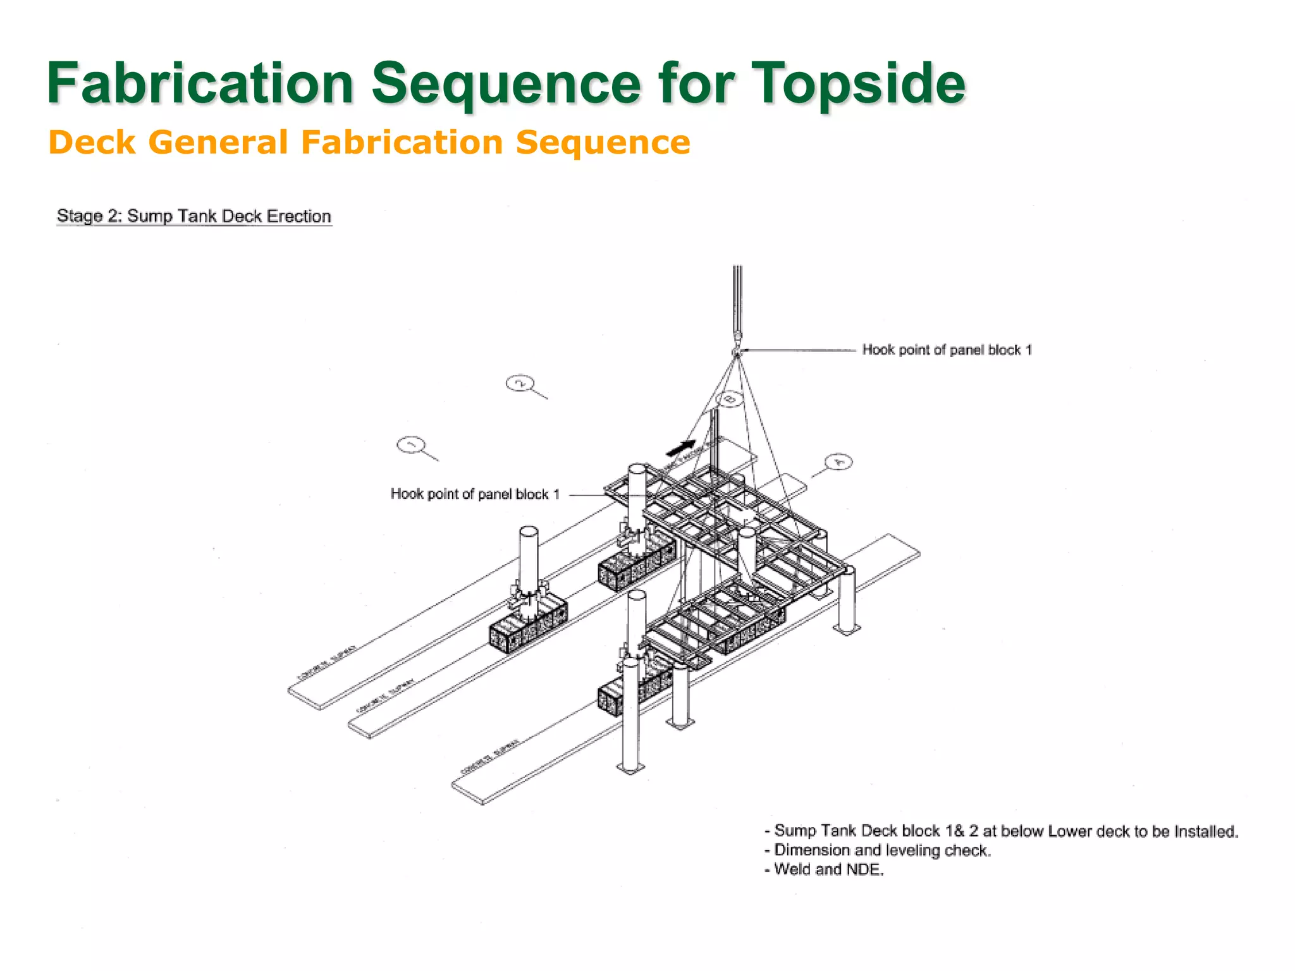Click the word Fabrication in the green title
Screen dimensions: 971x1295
pyautogui.click(x=200, y=83)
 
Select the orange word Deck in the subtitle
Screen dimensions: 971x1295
pyautogui.click(x=92, y=142)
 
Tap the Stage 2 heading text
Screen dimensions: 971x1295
pyautogui.click(x=193, y=216)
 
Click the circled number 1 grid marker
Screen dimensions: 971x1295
pyautogui.click(x=410, y=445)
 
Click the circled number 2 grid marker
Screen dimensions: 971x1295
pyautogui.click(x=520, y=383)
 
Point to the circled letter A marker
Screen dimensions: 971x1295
pyautogui.click(x=838, y=462)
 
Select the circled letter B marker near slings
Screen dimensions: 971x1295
pyautogui.click(x=730, y=399)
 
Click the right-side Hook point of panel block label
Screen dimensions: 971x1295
pyautogui.click(x=947, y=350)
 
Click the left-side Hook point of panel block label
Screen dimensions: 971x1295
pyautogui.click(x=475, y=494)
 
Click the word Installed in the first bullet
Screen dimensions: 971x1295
pyautogui.click(x=1205, y=831)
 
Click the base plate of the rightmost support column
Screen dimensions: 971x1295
pyautogui.click(x=847, y=629)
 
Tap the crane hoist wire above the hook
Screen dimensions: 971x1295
pyautogui.click(x=737, y=297)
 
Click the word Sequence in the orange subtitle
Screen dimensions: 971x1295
pyautogui.click(x=603, y=142)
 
